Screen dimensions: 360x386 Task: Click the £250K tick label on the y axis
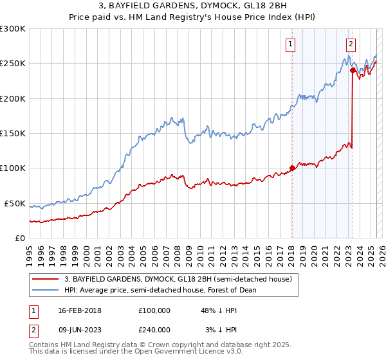13,64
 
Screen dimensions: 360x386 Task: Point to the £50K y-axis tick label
15,203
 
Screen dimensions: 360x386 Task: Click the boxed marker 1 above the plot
291,44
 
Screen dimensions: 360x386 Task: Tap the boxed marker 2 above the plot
351,44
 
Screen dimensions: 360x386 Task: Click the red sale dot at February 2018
292,168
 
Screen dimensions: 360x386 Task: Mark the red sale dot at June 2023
353,71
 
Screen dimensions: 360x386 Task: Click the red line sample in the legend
45,279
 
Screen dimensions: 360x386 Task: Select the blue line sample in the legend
45,290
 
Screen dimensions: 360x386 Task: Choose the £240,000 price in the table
154,329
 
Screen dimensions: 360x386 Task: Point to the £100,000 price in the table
154,310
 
